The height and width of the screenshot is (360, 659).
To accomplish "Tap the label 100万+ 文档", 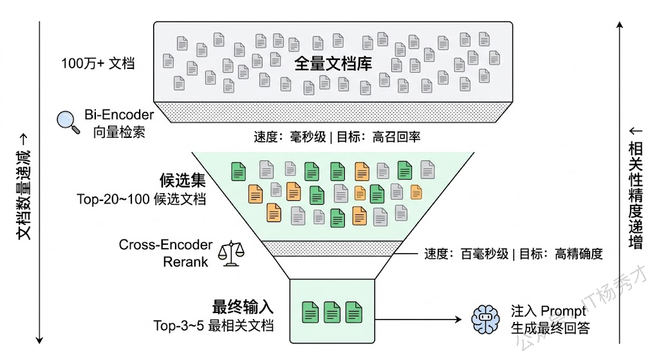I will pyautogui.click(x=98, y=64).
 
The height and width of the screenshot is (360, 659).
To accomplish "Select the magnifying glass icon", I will pyautogui.click(x=68, y=122).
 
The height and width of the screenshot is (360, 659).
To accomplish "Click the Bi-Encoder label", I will pyautogui.click(x=119, y=115).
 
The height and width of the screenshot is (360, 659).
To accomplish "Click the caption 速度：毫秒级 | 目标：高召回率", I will pyautogui.click(x=337, y=137).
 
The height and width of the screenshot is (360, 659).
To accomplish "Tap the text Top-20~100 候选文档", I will pyautogui.click(x=141, y=198).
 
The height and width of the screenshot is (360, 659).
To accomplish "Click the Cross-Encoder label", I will pyautogui.click(x=165, y=245).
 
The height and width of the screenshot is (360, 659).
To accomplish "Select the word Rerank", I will pyautogui.click(x=185, y=261).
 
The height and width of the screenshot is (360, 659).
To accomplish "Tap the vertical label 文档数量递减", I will pyautogui.click(x=24, y=187).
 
